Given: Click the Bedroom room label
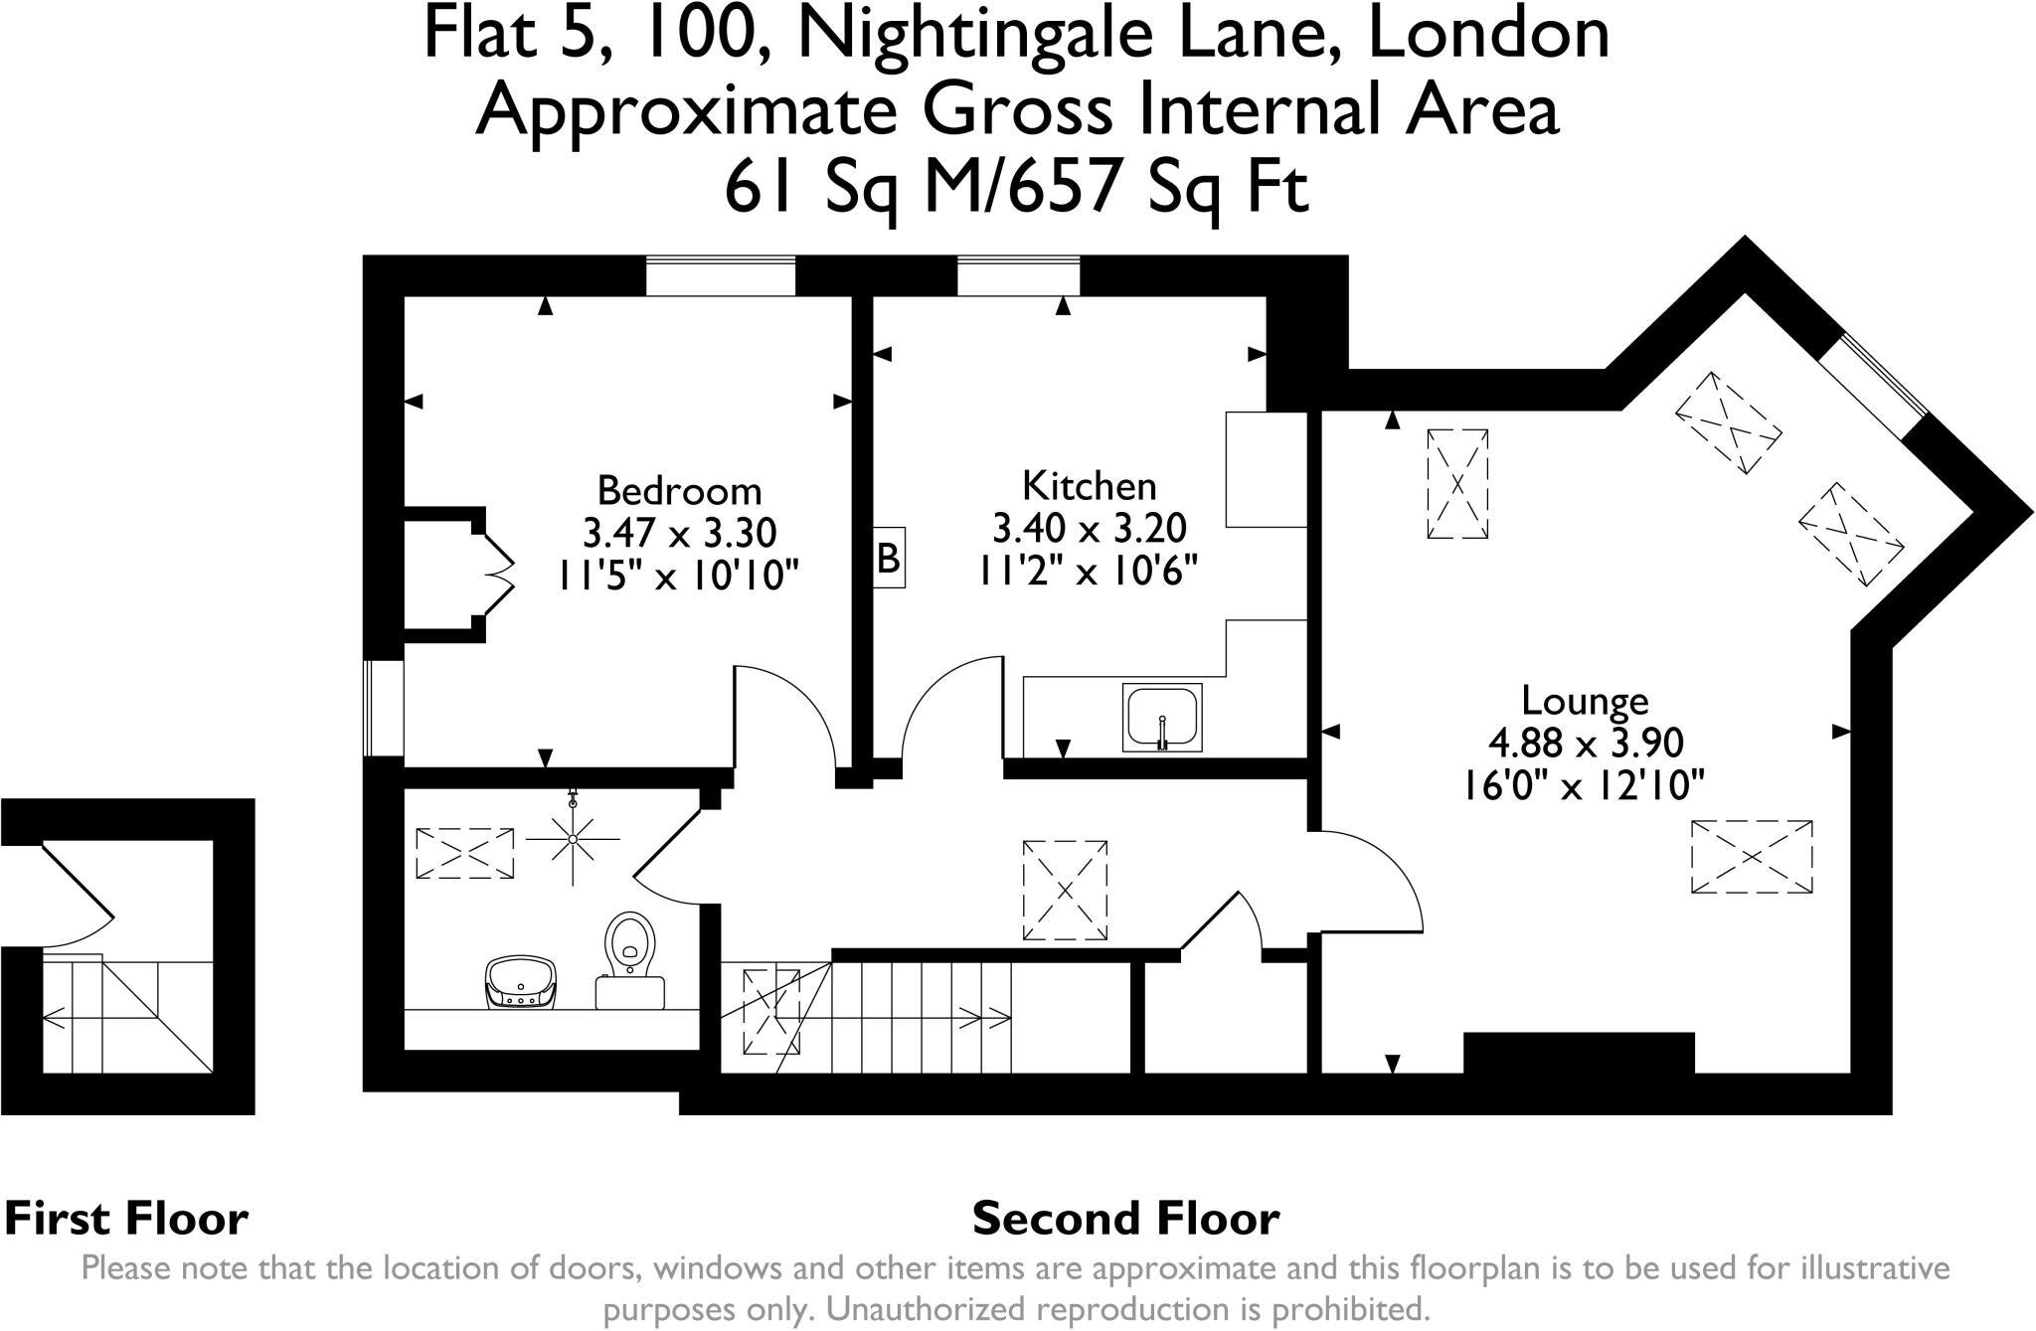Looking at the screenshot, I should [x=679, y=490].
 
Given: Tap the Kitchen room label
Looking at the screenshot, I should [x=1090, y=485].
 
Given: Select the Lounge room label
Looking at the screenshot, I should [x=1585, y=701].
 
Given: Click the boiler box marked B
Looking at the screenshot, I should [x=888, y=558].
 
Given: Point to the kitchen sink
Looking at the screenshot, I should [x=1161, y=717].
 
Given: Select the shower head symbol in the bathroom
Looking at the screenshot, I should [x=573, y=839].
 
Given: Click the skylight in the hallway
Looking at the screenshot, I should [x=1065, y=890].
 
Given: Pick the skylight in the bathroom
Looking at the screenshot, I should [x=464, y=853].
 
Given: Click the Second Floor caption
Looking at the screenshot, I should [x=1125, y=1218].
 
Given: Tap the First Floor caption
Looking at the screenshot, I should [x=126, y=1218].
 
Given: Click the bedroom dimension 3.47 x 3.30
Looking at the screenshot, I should [x=679, y=534].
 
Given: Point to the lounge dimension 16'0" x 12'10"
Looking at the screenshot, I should [x=1585, y=786].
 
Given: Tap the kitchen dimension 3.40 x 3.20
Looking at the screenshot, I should [x=1090, y=528].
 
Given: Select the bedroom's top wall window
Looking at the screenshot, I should [x=720, y=275].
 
